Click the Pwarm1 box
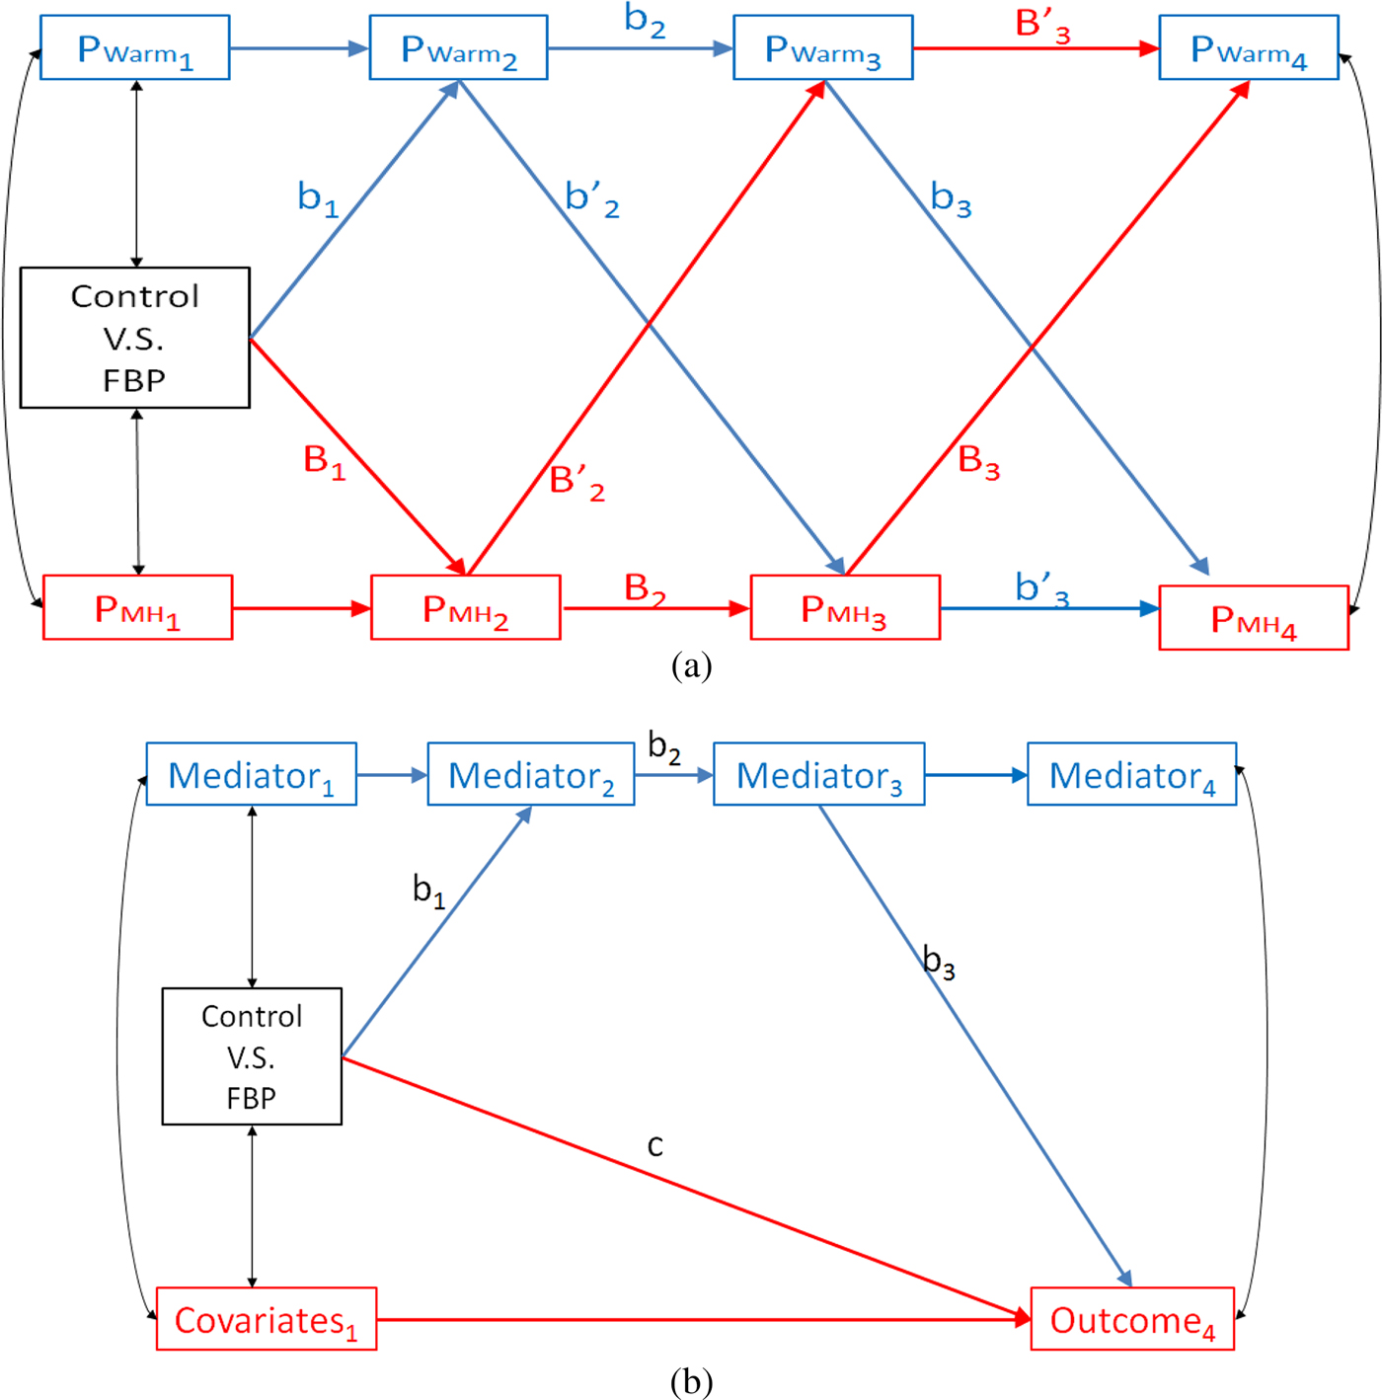(135, 48)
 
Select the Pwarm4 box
(1248, 48)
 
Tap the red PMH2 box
(465, 608)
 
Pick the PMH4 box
(1253, 619)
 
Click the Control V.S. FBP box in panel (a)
(135, 338)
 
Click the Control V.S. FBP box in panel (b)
(252, 1056)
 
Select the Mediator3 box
(818, 775)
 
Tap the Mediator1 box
(251, 775)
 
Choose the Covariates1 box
(266, 1319)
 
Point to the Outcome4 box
(1132, 1319)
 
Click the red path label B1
(324, 461)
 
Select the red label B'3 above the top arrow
(1042, 24)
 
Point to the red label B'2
(576, 482)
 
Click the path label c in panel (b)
(654, 1145)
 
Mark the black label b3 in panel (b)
(939, 961)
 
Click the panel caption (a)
(691, 665)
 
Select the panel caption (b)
(691, 1380)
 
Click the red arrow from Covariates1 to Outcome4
(701, 1319)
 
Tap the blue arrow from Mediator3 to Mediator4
(975, 775)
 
